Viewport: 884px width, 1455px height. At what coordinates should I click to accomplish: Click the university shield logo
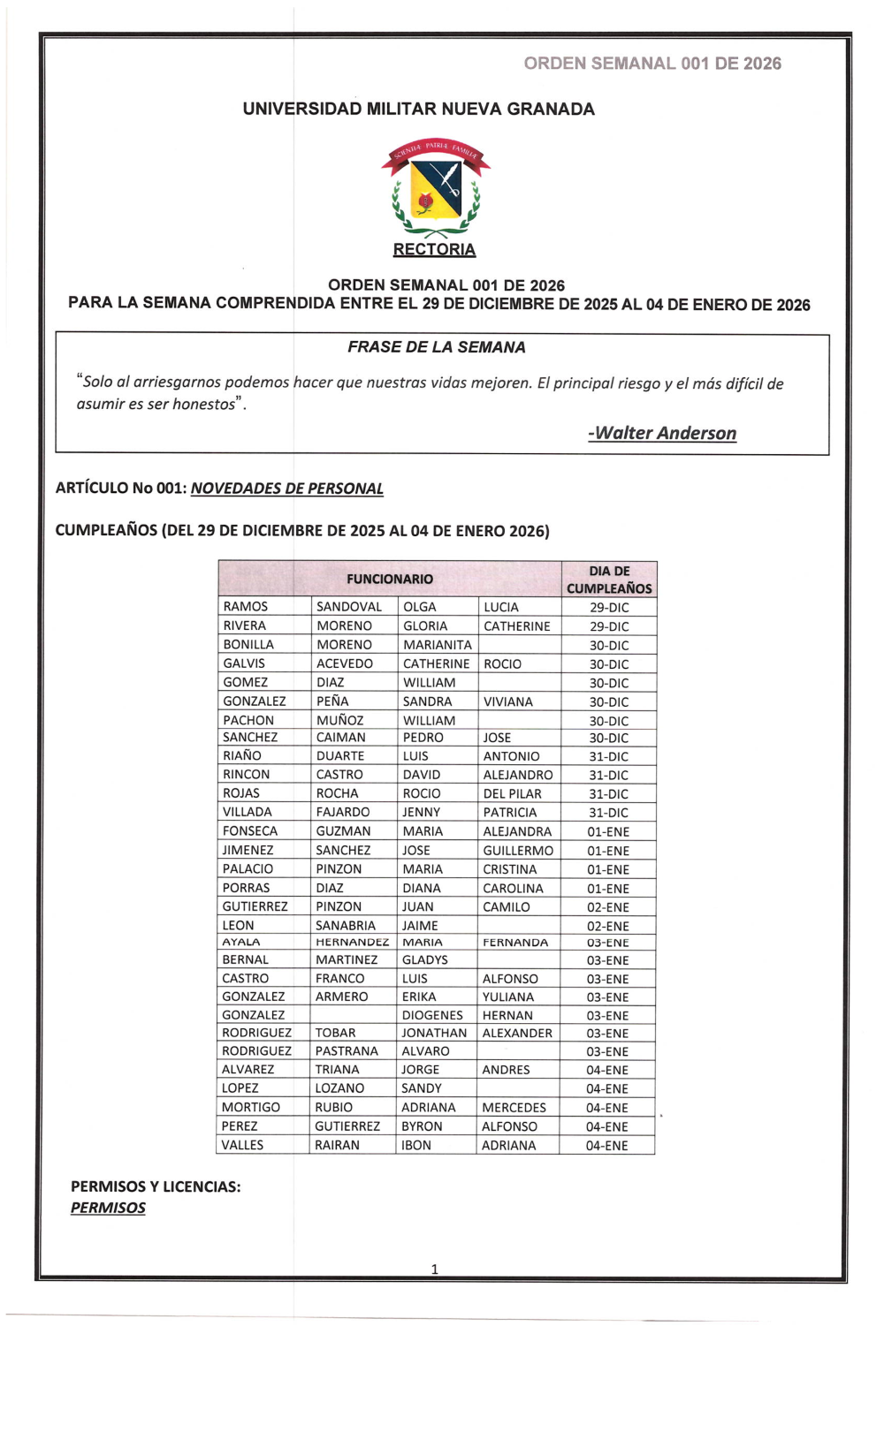[x=436, y=188]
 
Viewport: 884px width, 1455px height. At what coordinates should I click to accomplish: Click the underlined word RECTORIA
[x=434, y=250]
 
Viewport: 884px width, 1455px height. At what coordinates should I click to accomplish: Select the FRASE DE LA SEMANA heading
[x=436, y=347]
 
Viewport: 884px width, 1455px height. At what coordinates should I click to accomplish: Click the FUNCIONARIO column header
[x=390, y=580]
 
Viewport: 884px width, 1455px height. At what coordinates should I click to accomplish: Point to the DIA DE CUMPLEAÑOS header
[x=609, y=580]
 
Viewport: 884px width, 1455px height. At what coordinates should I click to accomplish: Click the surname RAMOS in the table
[x=246, y=607]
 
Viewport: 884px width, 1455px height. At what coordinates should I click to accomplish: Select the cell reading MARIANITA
[x=438, y=645]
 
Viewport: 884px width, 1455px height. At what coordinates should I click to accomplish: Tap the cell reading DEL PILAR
[x=512, y=793]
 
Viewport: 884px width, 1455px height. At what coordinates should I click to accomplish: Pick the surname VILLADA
[x=248, y=812]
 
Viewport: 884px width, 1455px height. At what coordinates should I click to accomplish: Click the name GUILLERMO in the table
[x=518, y=850]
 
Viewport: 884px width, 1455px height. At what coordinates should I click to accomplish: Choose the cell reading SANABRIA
[x=346, y=925]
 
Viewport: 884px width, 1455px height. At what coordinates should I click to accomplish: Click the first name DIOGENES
[x=432, y=1015]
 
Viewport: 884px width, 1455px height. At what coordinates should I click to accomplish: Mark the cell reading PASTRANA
[x=347, y=1051]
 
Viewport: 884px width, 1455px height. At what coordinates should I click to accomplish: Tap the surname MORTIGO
[x=251, y=1107]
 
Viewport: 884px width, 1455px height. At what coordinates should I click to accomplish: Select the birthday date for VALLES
[x=607, y=1145]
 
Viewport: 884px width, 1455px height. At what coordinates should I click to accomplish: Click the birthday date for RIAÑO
[x=609, y=756]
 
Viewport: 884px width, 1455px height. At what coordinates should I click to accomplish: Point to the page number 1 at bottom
[x=434, y=1269]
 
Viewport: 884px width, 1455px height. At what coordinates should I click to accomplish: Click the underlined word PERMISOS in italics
[x=108, y=1208]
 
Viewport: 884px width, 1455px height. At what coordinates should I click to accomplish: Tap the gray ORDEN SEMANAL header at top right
[x=652, y=64]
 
